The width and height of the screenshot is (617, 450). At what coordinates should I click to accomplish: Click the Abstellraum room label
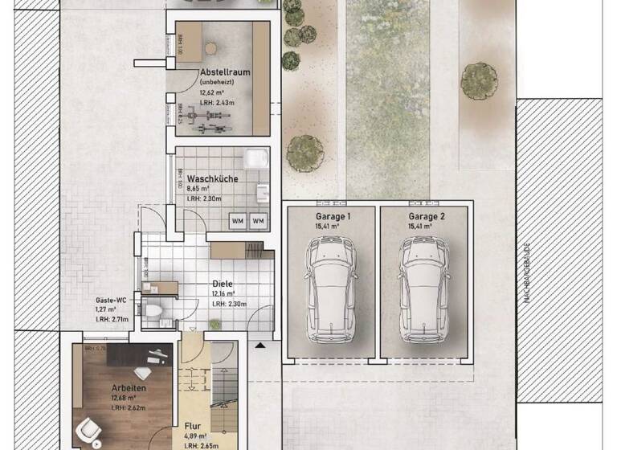coord(225,72)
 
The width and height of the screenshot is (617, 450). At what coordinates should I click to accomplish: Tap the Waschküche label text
coord(212,178)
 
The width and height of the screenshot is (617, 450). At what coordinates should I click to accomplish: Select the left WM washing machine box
coord(238,220)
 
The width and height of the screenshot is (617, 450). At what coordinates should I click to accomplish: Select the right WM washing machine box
coord(259,220)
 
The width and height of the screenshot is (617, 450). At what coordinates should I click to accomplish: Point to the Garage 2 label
coord(427,217)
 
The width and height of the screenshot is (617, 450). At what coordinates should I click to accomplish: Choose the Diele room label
coord(222,284)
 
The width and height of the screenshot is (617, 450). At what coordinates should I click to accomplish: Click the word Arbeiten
coord(128,388)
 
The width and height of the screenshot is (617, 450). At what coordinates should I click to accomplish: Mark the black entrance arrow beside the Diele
coord(259,346)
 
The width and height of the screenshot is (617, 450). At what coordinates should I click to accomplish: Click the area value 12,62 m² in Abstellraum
coord(212,92)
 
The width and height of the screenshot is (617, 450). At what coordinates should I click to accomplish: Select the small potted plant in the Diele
coord(215,324)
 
